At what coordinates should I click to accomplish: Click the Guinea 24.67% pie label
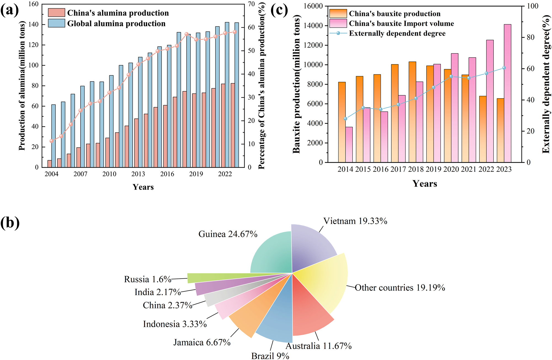point(228,234)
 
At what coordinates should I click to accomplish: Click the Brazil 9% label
point(270,356)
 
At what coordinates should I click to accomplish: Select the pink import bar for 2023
point(507,94)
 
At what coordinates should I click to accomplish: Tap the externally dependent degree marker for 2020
point(451,76)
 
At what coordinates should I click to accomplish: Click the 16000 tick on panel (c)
point(313,6)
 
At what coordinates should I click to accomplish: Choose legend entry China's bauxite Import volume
point(401,23)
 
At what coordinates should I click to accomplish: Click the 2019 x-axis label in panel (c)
point(433,169)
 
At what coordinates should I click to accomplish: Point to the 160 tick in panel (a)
point(33,4)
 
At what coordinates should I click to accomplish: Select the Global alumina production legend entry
point(116,23)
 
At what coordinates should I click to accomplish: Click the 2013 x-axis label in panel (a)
point(138,174)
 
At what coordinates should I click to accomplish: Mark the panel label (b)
point(10,223)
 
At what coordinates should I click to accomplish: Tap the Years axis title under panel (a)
point(143,187)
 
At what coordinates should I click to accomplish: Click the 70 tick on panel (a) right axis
point(251,4)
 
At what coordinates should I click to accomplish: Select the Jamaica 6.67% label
point(202,342)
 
